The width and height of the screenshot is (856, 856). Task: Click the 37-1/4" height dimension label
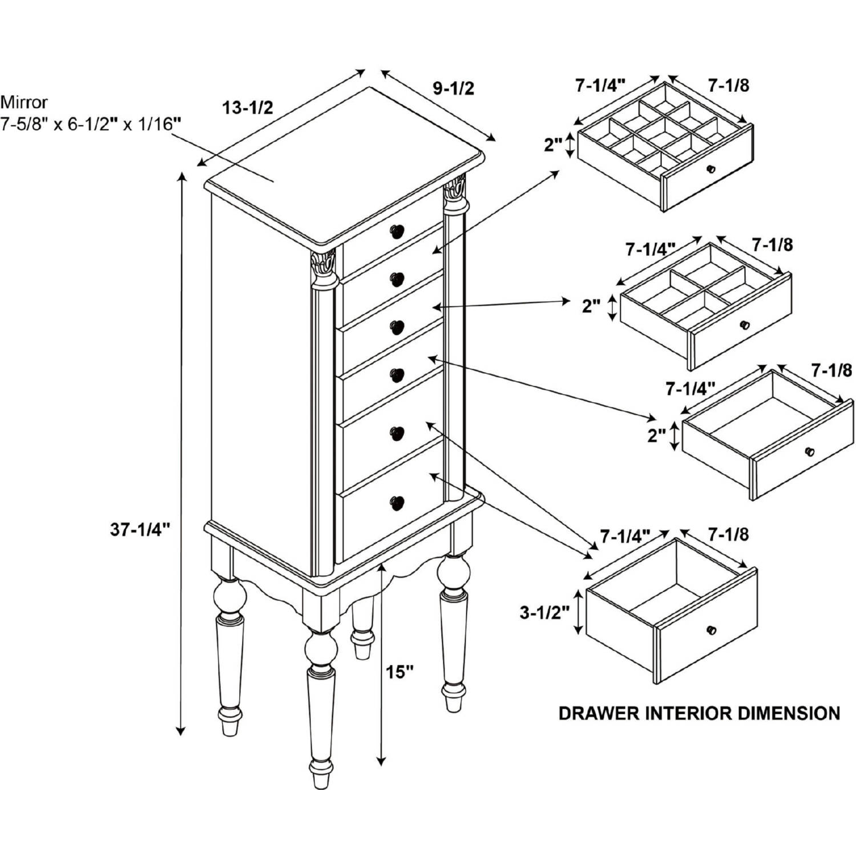click(x=140, y=530)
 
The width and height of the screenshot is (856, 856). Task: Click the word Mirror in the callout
click(x=24, y=102)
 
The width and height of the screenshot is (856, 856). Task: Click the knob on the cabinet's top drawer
click(x=397, y=231)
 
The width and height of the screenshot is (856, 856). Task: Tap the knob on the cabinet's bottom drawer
click(x=397, y=502)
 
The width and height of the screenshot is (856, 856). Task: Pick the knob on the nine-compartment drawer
click(x=711, y=169)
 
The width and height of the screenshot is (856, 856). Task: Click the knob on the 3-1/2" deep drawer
click(x=711, y=630)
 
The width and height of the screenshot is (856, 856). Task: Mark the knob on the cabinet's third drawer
click(x=397, y=328)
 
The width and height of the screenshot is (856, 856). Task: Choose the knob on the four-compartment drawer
click(x=744, y=325)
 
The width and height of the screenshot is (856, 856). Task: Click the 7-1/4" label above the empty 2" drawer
click(x=691, y=389)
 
